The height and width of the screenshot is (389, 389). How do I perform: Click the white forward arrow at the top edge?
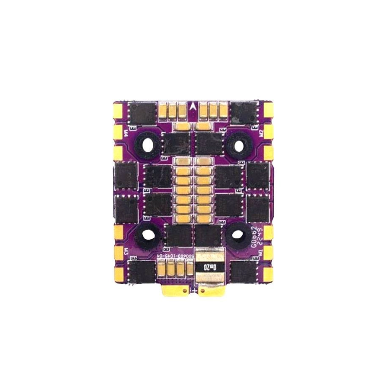[194, 106]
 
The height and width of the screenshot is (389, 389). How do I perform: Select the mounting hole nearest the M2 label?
[238, 143]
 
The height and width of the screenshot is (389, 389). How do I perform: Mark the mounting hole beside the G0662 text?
[238, 235]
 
